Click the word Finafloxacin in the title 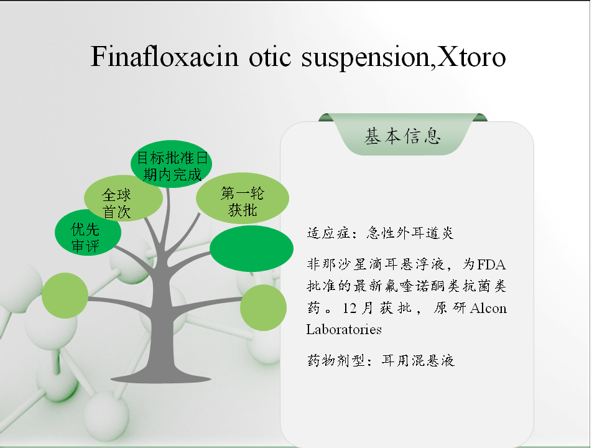[164, 57]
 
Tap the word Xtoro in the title [471, 57]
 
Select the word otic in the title [270, 57]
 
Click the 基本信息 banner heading [402, 136]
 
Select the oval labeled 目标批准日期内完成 [172, 164]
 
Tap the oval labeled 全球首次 [123, 198]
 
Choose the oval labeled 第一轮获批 [243, 198]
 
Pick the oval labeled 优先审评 [88, 232]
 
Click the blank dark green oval [252, 248]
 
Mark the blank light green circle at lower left [65, 295]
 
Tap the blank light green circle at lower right [264, 307]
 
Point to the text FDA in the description [491, 264]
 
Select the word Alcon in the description [489, 308]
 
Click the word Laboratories [344, 329]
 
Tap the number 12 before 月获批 [349, 308]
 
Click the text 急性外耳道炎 [410, 233]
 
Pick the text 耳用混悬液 [418, 360]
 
